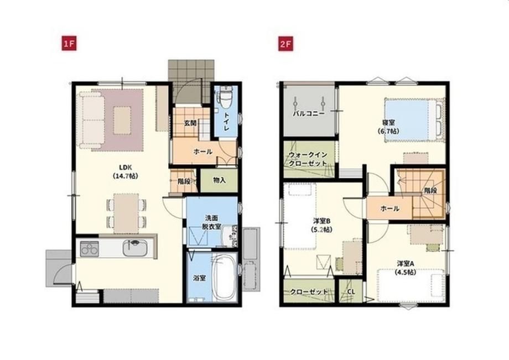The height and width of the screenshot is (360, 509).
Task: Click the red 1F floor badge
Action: coord(69,44)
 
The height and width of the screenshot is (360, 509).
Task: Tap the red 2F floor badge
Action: coord(285,44)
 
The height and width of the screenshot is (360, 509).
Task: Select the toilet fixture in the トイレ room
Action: coord(225,97)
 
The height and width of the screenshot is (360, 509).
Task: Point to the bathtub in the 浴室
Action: coord(224,277)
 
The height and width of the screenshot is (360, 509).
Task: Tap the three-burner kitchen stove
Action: coord(89,249)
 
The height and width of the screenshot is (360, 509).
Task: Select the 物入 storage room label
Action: coord(219,180)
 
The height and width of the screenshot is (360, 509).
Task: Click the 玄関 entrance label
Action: coord(190,123)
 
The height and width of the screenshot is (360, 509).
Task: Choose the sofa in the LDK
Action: coord(91,121)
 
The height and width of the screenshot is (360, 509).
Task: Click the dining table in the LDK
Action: coord(126,213)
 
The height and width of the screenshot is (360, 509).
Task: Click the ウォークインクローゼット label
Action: coord(308,159)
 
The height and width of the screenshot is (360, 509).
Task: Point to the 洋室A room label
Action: coord(406,268)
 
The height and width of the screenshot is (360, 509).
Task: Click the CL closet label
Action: coord(351,292)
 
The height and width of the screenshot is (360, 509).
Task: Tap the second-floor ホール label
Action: coord(389,208)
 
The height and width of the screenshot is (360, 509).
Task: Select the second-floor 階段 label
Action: coord(430,191)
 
